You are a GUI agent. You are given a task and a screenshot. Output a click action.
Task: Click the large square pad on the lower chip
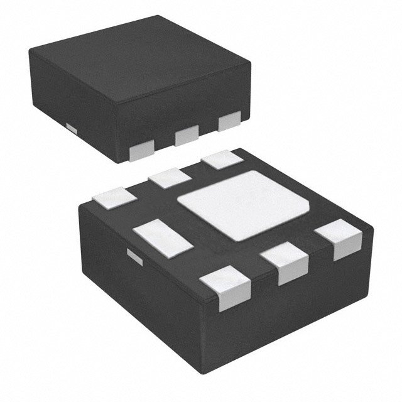pyautogui.click(x=245, y=205)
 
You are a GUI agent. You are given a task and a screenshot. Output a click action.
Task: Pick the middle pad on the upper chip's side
pyautogui.click(x=187, y=134)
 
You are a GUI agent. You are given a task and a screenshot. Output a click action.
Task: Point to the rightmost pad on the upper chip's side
pyautogui.click(x=229, y=121)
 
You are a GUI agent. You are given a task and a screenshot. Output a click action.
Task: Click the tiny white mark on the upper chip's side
pyautogui.click(x=72, y=128)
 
